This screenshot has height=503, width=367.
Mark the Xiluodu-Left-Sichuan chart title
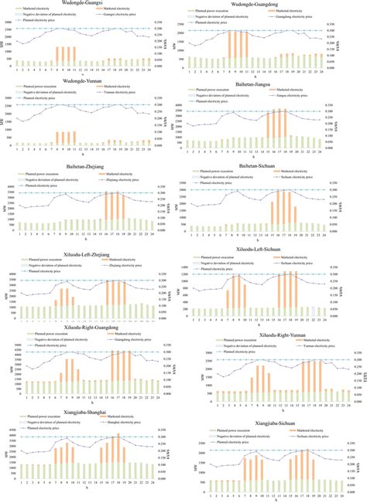[265, 250]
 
